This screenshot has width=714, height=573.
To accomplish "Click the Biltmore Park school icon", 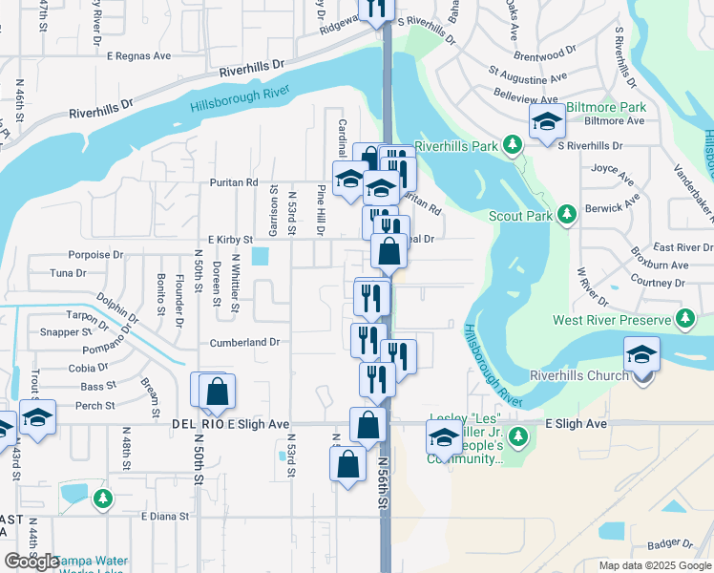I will click(x=547, y=122).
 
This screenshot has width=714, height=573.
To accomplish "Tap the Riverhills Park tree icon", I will click(x=513, y=144).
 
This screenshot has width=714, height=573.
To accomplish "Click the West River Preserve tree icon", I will click(x=684, y=317).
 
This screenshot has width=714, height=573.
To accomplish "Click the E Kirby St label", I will click(x=229, y=240).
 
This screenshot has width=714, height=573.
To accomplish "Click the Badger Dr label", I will click(x=668, y=543).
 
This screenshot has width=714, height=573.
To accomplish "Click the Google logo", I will click(x=31, y=562).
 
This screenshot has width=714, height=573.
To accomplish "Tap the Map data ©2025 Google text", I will click(x=655, y=565).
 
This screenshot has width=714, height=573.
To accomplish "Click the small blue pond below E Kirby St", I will click(x=260, y=256).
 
